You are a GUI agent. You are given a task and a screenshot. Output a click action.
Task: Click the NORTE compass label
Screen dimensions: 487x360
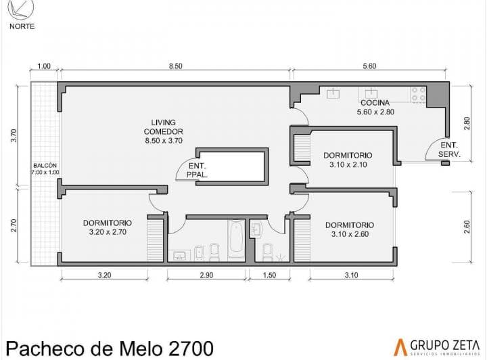click(22, 26)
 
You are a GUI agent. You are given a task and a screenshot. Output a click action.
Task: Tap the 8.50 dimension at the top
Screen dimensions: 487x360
click(175, 66)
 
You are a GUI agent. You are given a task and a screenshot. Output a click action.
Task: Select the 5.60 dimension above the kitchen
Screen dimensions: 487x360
click(369, 66)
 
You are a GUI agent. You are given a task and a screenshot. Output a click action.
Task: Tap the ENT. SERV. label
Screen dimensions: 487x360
click(449, 150)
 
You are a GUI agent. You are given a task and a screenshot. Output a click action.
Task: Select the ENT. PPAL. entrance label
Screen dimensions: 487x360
click(198, 171)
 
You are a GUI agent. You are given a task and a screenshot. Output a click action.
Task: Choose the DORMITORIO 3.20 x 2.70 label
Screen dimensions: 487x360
click(108, 227)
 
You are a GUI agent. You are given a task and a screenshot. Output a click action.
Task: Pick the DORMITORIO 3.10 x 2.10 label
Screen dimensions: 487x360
click(348, 160)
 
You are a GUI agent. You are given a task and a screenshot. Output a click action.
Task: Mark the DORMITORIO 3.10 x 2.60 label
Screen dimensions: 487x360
click(350, 229)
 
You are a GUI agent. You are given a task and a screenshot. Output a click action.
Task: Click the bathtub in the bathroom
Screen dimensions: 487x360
click(236, 240)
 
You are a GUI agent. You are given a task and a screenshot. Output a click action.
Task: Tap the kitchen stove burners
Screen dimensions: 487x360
click(419, 94)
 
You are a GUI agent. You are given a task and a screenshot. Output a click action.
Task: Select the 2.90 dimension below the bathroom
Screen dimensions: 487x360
click(206, 275)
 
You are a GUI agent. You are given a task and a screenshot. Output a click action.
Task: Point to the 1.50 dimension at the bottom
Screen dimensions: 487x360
click(269, 275)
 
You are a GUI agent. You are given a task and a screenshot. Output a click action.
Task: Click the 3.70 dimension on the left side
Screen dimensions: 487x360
click(14, 135)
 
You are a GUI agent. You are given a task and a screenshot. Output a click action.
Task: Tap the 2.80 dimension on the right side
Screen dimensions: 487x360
click(467, 123)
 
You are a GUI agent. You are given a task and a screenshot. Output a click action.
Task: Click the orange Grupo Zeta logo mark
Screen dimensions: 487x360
click(400, 347)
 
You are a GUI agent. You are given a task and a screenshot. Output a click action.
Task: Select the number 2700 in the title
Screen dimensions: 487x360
click(191, 348)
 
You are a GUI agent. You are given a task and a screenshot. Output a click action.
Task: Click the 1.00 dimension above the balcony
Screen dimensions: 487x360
click(44, 66)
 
